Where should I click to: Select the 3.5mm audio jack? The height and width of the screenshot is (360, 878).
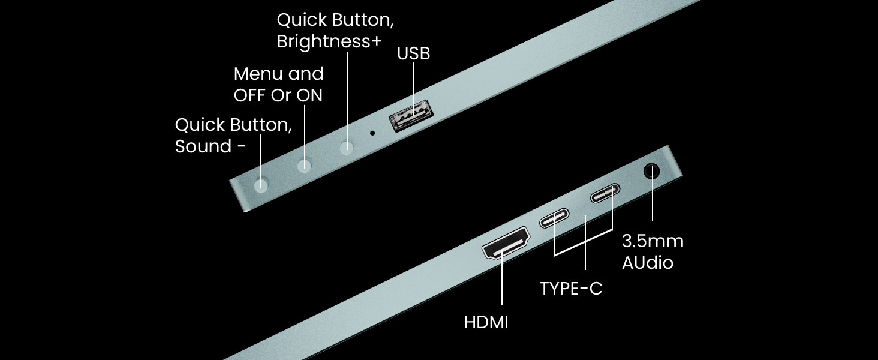pos(652,172)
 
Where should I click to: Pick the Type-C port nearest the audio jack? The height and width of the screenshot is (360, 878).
pos(605,196)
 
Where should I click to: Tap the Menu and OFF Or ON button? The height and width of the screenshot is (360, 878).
pos(305,164)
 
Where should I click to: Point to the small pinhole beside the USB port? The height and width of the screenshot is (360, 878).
pos(373,132)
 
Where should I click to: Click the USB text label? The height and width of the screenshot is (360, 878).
pos(413,53)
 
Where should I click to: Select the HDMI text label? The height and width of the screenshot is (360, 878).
pos(486,322)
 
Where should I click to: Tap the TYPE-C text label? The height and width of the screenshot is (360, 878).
pos(570,289)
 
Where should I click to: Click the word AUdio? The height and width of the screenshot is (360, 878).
pos(647,262)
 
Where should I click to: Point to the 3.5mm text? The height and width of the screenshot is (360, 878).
pos(653,241)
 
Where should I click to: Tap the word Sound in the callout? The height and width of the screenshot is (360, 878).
pos(203,146)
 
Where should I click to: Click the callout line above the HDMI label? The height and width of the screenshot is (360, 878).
pos(502,282)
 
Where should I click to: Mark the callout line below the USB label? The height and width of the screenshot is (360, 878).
pos(414,84)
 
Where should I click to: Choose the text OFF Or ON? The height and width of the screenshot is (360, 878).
pos(278,95)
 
